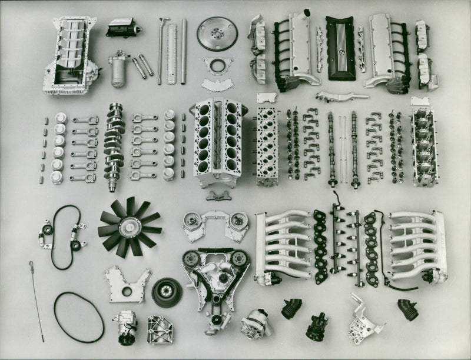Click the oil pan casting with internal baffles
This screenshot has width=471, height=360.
click(70, 56)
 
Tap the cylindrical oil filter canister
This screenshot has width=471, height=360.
click(120, 71)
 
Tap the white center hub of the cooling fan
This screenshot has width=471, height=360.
click(129, 226)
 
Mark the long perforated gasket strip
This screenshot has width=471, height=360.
click(171, 53)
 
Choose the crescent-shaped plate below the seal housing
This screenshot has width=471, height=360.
click(216, 85)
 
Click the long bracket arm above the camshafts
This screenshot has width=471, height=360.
click(341, 95)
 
